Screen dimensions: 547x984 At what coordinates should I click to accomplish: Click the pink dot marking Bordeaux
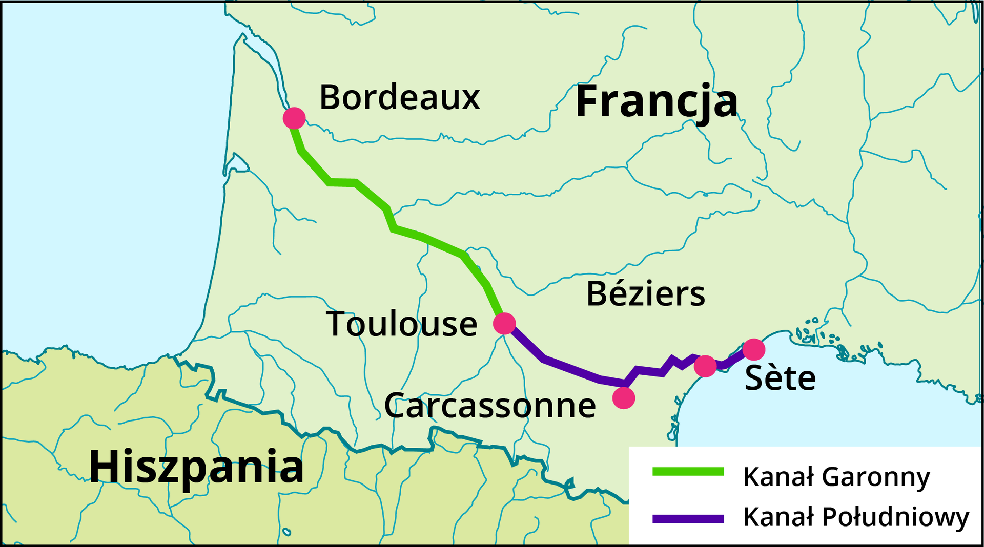click(x=294, y=118)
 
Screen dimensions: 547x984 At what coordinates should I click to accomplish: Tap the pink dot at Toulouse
click(x=504, y=323)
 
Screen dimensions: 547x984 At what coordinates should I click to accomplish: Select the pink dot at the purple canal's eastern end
click(x=753, y=349)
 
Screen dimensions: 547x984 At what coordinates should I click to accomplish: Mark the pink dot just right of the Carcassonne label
click(x=624, y=397)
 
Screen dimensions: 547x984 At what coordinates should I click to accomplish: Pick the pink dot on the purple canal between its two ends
click(x=705, y=366)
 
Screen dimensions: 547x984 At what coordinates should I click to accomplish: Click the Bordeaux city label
click(x=399, y=97)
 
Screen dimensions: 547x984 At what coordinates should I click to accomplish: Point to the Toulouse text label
click(x=401, y=324)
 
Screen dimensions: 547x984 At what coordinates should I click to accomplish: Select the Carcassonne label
click(x=489, y=405)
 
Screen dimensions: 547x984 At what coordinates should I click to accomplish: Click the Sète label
click(x=780, y=378)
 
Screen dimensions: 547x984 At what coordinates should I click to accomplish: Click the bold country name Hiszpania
click(x=196, y=467)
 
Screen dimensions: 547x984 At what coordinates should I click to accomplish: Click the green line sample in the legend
click(x=688, y=472)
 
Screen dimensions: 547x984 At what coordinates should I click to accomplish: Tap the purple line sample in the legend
click(x=688, y=519)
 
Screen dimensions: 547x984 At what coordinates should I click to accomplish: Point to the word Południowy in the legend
click(x=895, y=517)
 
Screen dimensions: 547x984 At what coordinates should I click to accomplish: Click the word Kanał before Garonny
click(x=778, y=476)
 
